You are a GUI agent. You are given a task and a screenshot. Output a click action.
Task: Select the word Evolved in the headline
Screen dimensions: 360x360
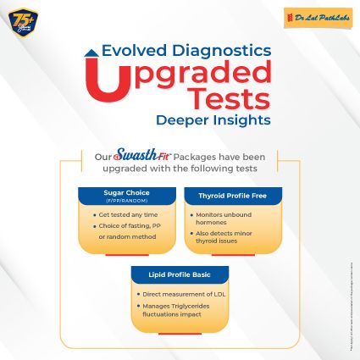tap(134, 51)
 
